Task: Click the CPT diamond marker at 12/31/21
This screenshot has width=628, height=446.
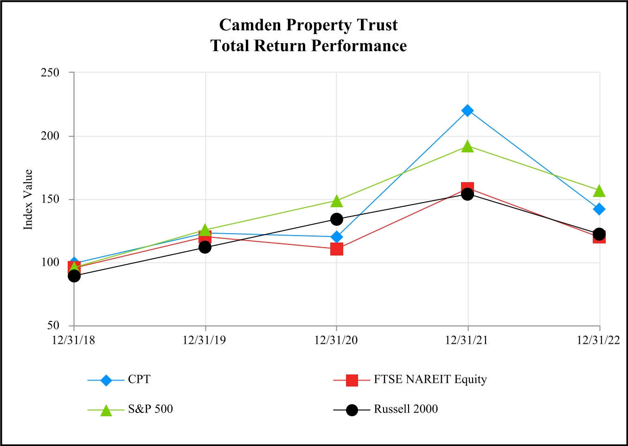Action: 468,111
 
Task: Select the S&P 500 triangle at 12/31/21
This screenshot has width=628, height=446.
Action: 468,147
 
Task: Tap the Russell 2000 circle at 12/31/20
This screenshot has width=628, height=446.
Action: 337,219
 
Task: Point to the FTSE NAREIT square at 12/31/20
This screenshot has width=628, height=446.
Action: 337,249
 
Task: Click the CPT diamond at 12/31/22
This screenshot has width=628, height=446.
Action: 599,209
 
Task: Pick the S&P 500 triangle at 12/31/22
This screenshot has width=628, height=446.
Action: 599,191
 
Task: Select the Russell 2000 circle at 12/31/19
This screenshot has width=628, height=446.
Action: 205,247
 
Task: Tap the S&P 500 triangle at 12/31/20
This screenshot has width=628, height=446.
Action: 337,201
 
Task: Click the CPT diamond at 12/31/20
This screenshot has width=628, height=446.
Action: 337,237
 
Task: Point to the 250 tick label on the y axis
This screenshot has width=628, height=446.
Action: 51,72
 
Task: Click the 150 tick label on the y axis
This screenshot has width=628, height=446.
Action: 51,199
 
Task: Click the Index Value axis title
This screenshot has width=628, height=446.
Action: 28,200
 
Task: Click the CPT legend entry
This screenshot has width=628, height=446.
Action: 139,380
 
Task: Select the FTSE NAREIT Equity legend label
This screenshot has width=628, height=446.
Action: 430,380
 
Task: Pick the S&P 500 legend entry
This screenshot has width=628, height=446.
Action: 150,409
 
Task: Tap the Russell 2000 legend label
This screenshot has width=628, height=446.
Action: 406,409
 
